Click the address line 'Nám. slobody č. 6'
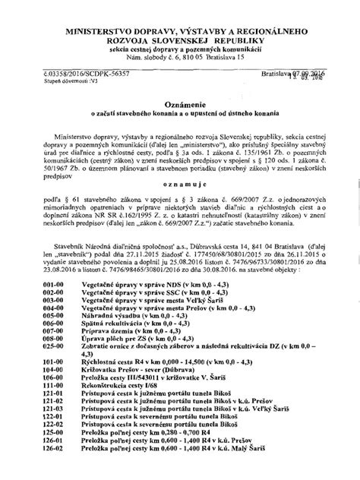[180, 57]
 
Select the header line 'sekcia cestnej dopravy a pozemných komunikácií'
[180, 48]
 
